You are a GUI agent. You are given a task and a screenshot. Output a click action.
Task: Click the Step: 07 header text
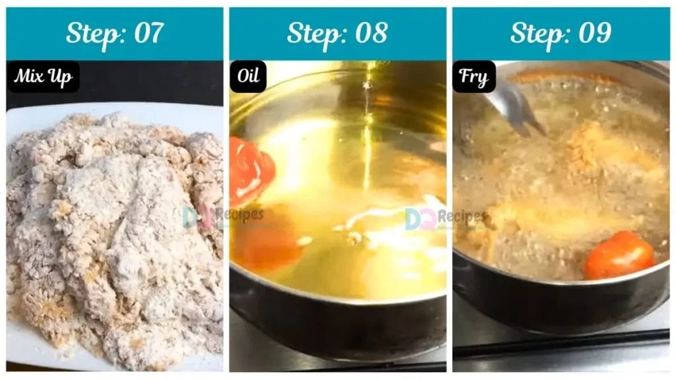click(114, 33)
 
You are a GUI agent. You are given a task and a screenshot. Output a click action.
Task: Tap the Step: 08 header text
click(337, 33)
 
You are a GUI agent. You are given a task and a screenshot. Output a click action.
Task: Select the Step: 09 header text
click(560, 33)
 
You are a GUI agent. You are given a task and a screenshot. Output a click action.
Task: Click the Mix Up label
click(43, 77)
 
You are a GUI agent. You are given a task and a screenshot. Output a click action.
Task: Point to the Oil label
click(248, 77)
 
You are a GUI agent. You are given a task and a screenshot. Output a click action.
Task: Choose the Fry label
click(474, 77)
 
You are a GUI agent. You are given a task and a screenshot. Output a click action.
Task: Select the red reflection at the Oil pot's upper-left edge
click(251, 168)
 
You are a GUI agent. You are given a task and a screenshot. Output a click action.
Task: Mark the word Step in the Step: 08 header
click(314, 33)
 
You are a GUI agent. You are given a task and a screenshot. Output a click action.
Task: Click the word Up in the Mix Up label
click(62, 77)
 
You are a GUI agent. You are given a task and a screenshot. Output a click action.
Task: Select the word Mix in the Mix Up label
click(30, 77)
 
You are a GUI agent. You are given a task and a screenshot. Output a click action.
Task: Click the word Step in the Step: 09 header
click(537, 33)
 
